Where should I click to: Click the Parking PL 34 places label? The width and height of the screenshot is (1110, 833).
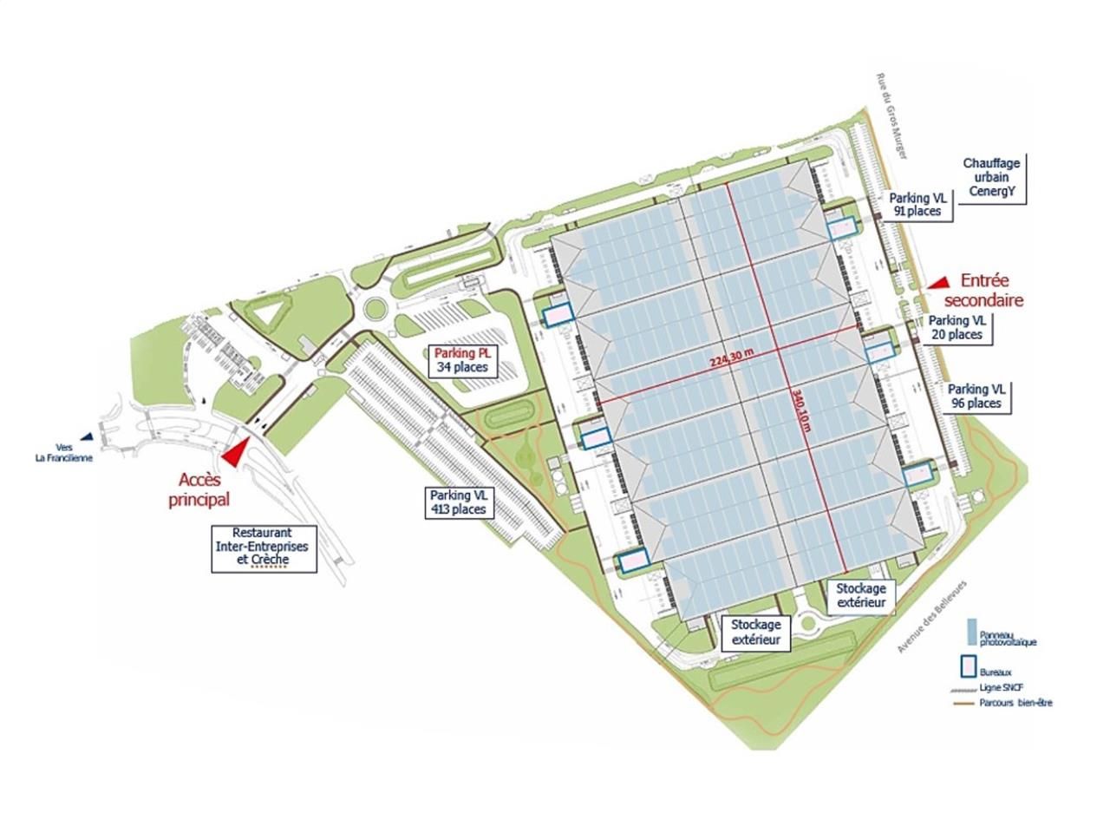click(463, 360)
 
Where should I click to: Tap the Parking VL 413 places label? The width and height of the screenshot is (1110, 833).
click(460, 502)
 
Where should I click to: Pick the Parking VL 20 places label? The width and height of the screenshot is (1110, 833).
click(957, 327)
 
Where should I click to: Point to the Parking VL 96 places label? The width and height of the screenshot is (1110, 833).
click(976, 397)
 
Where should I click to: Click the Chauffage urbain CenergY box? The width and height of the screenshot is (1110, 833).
click(990, 178)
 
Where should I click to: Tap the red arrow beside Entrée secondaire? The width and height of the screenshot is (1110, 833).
click(937, 282)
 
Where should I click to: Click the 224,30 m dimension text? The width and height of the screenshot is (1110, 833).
click(731, 360)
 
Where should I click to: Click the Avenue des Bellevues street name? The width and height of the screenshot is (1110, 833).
click(931, 617)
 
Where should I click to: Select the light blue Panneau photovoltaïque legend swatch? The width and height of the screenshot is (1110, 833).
click(972, 631)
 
